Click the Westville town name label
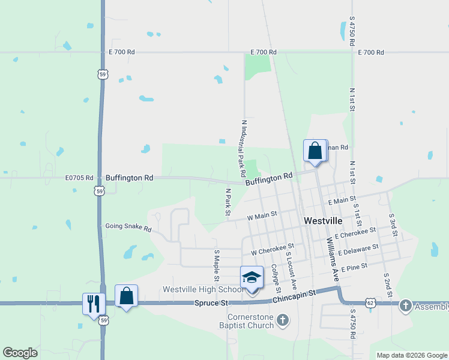click(323, 220)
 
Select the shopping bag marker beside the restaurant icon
click(126, 296)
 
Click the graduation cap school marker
click(252, 278)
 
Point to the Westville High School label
click(195, 289)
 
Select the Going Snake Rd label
click(128, 227)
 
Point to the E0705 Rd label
click(79, 178)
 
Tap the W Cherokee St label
click(273, 248)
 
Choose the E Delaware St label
click(357, 249)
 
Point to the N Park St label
click(228, 201)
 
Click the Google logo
click(20, 353)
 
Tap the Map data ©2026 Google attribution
click(411, 355)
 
